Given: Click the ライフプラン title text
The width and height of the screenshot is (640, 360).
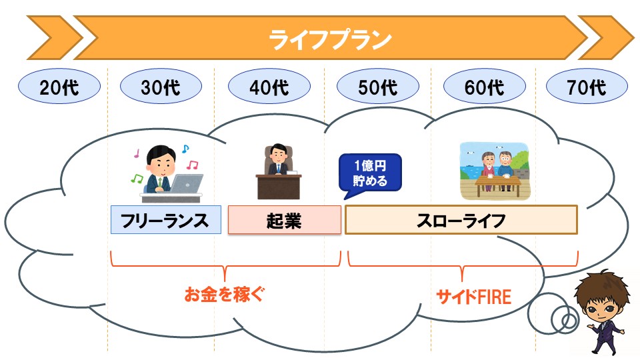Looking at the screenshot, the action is [x=330, y=39].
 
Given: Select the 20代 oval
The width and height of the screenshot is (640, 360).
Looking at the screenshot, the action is [x=59, y=86].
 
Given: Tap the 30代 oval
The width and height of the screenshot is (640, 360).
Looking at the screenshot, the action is [x=161, y=86].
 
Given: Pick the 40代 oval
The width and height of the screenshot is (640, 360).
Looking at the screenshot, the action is [x=269, y=86].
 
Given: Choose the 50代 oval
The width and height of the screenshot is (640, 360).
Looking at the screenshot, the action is [x=378, y=86].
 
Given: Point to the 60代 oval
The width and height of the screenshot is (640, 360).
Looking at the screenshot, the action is [x=485, y=86].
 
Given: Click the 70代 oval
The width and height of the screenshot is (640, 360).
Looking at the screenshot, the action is [x=587, y=86].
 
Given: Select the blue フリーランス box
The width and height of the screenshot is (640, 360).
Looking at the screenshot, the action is [x=166, y=220].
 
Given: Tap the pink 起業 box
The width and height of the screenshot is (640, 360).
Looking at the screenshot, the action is [x=285, y=220].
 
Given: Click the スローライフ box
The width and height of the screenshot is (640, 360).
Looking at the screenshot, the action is [x=461, y=220].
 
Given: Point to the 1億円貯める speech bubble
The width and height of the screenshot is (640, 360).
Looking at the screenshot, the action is [x=370, y=173].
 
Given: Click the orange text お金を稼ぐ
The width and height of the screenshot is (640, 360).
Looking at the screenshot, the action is [x=224, y=294].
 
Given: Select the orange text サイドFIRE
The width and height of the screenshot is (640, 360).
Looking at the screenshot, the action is [x=474, y=296].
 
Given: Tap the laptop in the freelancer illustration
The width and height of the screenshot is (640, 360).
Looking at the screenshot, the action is [x=186, y=184].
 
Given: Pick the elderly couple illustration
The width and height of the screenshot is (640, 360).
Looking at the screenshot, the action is [x=494, y=171].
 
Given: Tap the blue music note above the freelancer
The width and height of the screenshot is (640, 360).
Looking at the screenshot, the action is [x=185, y=149].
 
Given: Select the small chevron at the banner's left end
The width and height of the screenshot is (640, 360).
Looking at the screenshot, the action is [x=53, y=38].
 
